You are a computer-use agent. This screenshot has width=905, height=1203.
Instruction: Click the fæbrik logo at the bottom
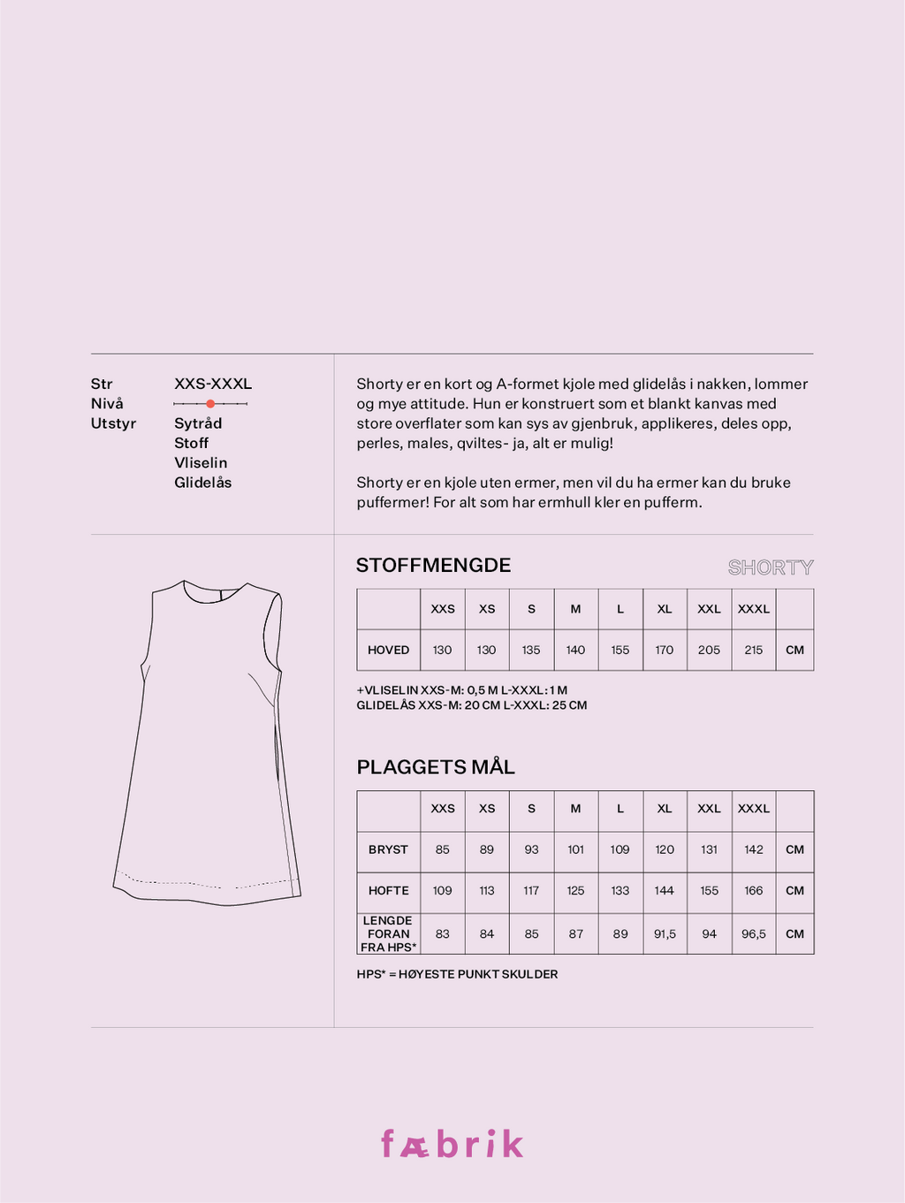tap(452, 1144)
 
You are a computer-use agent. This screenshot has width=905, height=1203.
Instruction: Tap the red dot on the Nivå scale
tap(210, 404)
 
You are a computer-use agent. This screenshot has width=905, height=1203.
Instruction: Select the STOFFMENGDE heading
tap(433, 566)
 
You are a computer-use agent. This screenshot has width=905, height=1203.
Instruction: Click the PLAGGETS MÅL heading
tap(436, 767)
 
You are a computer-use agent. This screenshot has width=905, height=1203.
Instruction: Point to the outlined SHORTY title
tap(770, 567)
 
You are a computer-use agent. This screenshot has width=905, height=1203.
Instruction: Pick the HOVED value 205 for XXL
tap(709, 650)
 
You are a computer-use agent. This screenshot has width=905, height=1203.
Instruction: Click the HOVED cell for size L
tap(620, 650)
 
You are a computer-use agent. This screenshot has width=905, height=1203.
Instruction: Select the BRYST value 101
tap(575, 849)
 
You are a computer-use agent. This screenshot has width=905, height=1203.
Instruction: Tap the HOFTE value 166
tap(753, 891)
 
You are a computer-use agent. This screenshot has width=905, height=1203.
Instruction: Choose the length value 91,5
tap(665, 934)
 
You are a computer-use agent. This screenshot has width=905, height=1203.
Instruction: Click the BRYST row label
tap(388, 849)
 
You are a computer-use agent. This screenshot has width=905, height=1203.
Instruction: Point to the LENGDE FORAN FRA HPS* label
tap(388, 934)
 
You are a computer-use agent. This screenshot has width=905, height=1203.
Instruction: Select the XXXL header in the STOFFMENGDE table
tap(753, 609)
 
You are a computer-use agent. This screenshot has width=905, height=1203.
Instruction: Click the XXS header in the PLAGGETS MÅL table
tap(443, 809)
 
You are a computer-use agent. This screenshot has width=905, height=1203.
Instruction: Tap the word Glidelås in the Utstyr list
tap(202, 483)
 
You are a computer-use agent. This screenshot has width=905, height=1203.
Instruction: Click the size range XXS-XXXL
tap(213, 384)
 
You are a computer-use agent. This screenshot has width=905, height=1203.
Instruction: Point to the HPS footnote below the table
tap(457, 974)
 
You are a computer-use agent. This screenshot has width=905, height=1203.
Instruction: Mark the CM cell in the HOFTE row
tap(795, 891)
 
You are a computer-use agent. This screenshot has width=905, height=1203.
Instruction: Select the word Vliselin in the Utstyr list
tap(201, 463)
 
